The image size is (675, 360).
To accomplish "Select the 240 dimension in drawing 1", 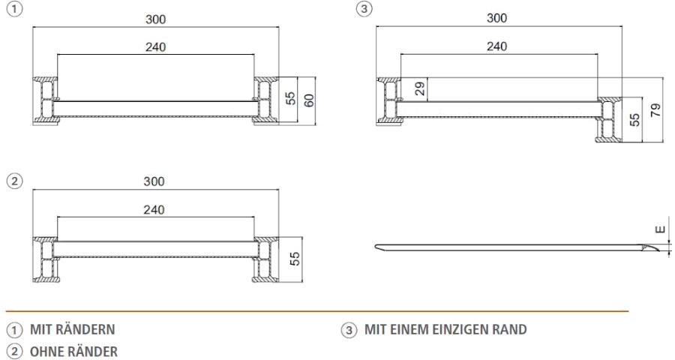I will tap(155, 47).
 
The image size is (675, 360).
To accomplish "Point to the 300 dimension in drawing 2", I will tap(155, 182).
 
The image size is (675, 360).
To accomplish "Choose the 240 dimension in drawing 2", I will tap(155, 210).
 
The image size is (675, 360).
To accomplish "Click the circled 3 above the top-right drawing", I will tap(365, 8).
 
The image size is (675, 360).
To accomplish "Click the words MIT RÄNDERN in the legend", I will tap(73, 329).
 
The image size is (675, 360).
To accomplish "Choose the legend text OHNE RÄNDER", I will tap(73, 349).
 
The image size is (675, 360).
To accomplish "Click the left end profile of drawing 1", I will tap(45, 99).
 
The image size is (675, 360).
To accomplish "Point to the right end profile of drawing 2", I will tap(265, 258).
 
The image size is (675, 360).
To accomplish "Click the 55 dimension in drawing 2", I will tap(295, 258).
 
